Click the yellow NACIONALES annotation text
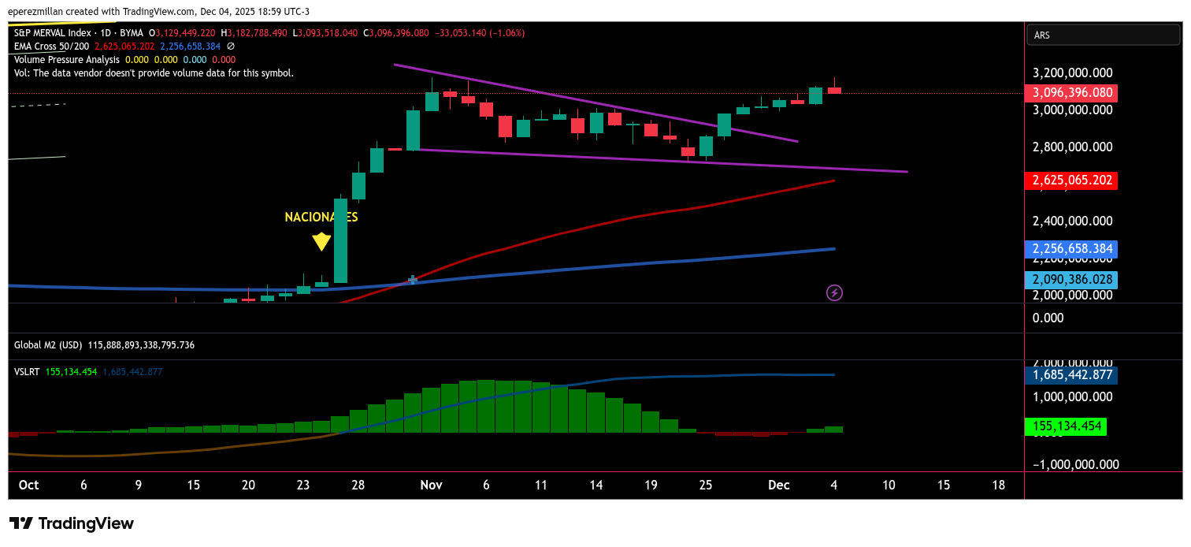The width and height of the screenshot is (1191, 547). tap(321, 218)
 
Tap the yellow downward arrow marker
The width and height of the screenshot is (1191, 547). tap(321, 241)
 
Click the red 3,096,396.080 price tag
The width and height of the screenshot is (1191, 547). tap(1070, 93)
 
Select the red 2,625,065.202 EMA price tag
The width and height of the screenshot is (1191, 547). tap(1070, 180)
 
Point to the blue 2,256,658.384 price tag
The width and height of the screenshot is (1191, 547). tap(1070, 249)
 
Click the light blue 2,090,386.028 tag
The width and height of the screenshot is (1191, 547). tap(1070, 280)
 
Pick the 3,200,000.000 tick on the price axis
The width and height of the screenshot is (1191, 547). tap(1072, 73)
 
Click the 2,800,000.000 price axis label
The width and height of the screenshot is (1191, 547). tap(1072, 147)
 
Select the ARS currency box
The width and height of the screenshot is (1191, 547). tap(1103, 35)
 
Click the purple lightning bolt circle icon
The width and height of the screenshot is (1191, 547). tap(834, 293)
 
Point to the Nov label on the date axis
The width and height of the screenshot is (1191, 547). tap(431, 486)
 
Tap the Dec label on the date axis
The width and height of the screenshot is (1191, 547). tap(778, 486)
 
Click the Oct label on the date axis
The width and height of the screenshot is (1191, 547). tap(28, 486)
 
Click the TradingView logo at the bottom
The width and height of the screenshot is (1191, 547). tap(72, 523)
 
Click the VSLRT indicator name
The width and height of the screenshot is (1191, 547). tap(28, 371)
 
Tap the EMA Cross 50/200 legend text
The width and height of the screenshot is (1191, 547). tap(51, 47)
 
